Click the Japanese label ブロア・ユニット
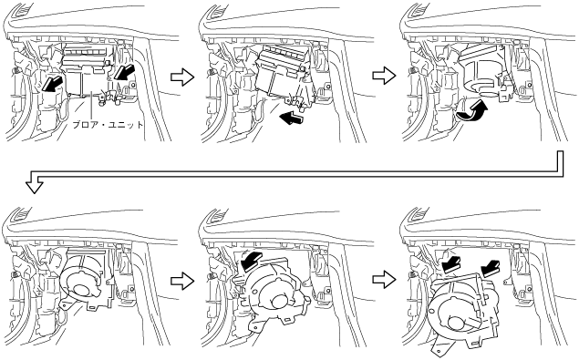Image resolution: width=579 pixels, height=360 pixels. tap(108, 125)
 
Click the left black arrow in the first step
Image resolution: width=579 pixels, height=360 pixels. tap(51, 83)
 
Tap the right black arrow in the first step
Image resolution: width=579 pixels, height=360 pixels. tap(124, 70)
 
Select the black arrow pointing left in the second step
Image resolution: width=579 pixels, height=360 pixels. tap(292, 118)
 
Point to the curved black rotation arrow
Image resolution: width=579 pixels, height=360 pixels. tap(472, 111)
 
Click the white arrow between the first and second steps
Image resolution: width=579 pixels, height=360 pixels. tap(182, 77)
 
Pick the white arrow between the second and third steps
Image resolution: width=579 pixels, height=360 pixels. tap(384, 76)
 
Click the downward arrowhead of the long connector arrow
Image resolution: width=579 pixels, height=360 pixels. tap(35, 185)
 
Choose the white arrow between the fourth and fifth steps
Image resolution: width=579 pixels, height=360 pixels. tap(182, 281)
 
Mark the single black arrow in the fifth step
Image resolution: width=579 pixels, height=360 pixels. tap(251, 260)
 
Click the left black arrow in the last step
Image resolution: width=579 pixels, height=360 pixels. tap(452, 264)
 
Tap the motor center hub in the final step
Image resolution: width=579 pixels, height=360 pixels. tap(457, 324)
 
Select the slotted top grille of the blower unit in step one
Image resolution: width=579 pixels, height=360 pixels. tap(86, 51)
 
